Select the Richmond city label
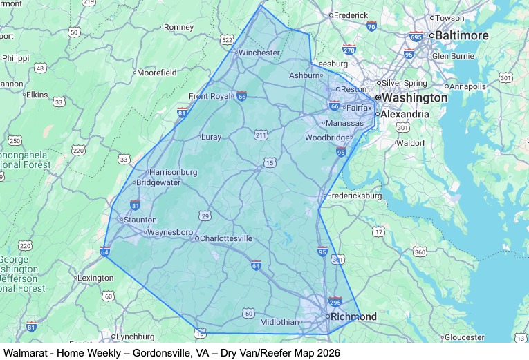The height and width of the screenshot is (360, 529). tap(353, 317)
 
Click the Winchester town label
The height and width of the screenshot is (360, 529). tap(258, 52)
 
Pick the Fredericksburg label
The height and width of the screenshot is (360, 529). tap(355, 196)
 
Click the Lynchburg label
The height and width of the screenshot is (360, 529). tap(134, 337)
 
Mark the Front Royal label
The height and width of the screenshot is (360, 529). tap(212, 96)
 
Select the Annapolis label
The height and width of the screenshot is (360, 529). tap(472, 87)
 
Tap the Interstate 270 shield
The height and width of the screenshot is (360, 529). tap(349, 49)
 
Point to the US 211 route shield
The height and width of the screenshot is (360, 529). tap(260, 134)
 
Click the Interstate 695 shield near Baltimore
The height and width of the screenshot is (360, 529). tap(416, 37)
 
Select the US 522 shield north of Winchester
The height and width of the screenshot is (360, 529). tap(227, 40)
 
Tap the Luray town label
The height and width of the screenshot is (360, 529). tap(210, 137)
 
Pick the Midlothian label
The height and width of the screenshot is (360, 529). tap(279, 322)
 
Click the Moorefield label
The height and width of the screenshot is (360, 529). tap(156, 72)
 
